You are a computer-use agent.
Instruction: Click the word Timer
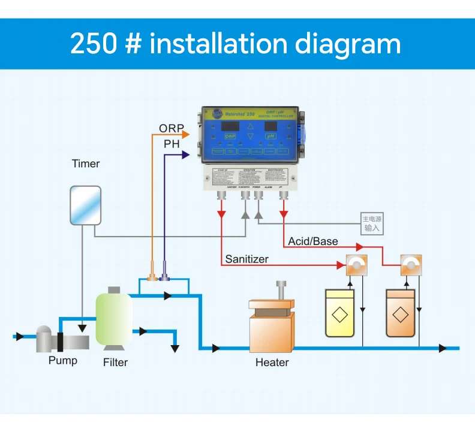[x=85, y=164]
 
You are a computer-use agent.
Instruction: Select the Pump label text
[x=63, y=361]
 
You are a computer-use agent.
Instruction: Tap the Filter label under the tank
[x=115, y=362]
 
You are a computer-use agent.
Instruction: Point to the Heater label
[x=272, y=362]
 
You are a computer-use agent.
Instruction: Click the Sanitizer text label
[x=246, y=259]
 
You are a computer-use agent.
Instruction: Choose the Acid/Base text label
[x=312, y=241]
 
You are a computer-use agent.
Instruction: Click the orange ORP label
[x=172, y=129]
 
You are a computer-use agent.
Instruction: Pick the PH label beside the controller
[x=172, y=144]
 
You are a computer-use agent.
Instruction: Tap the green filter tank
[x=114, y=318]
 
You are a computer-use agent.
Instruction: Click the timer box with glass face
[x=85, y=206]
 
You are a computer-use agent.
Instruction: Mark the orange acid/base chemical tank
[x=402, y=312]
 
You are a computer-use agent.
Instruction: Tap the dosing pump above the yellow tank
[x=356, y=265]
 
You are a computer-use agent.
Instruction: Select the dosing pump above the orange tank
[x=411, y=265]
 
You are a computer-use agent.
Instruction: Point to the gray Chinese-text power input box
[x=371, y=223]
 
